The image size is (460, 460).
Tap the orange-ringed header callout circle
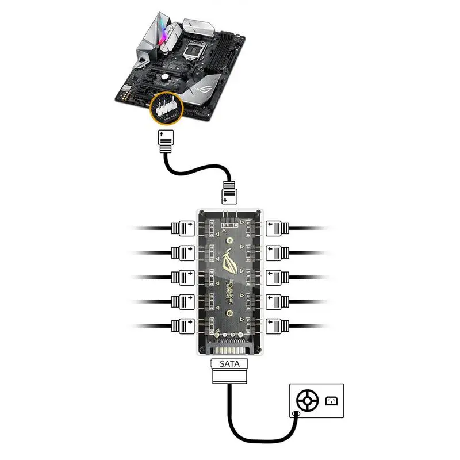pyautogui.click(x=165, y=107)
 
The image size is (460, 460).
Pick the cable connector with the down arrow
pyautogui.click(x=228, y=193)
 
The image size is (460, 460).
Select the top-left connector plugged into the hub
pyautogui.click(x=183, y=228)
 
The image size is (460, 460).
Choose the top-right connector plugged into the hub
pyautogui.click(x=275, y=228)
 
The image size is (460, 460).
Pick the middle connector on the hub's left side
pyautogui.click(x=183, y=276)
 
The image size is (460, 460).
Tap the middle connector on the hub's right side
pyautogui.click(x=275, y=276)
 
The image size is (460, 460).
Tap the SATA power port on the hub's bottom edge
pyautogui.click(x=230, y=348)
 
